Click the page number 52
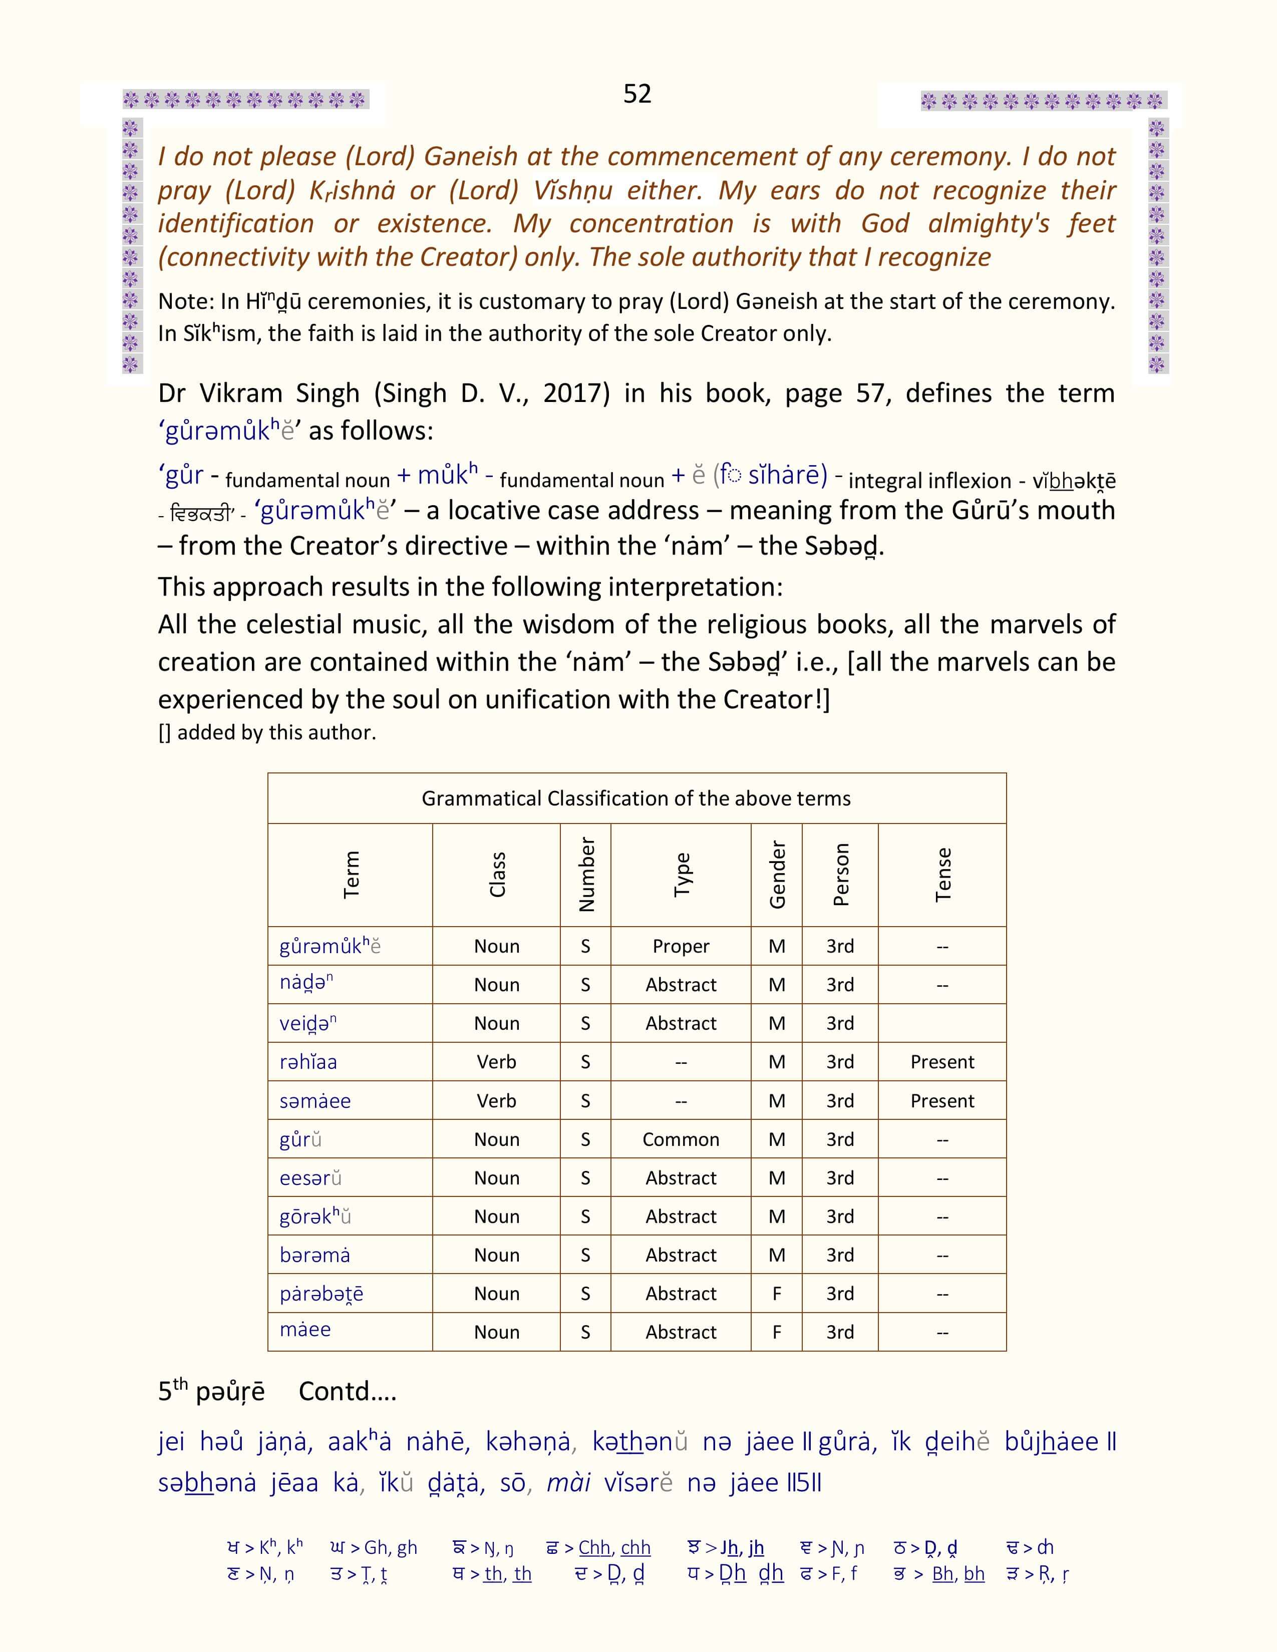click(637, 94)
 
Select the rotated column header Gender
click(777, 875)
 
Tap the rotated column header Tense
click(942, 875)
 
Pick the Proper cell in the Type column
click(681, 946)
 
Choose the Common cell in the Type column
click(681, 1139)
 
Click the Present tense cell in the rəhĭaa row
click(942, 1062)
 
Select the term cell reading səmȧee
click(315, 1100)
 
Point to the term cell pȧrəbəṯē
click(322, 1294)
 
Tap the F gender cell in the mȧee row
click(777, 1332)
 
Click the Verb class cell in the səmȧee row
click(496, 1100)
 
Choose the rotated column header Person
click(840, 875)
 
